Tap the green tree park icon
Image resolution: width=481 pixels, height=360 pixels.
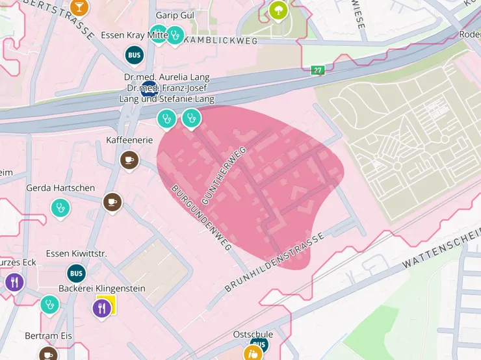point(278,10)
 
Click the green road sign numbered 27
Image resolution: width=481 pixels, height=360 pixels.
point(317,70)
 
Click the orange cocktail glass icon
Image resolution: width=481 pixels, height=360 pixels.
point(79,7)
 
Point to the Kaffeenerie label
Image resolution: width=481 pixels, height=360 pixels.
point(129,140)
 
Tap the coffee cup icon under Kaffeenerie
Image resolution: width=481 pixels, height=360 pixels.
point(129,159)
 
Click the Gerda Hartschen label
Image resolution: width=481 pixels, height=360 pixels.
point(60,188)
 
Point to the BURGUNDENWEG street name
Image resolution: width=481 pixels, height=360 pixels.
point(201,218)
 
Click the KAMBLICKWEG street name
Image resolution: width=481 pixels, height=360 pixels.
point(221,40)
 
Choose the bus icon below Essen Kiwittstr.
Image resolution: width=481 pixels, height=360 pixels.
point(76,273)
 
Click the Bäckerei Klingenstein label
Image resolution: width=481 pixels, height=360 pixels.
point(102,288)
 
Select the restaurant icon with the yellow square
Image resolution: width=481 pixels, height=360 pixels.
point(103,307)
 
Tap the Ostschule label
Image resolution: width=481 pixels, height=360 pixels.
point(253,334)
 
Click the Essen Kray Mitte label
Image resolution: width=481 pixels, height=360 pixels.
point(135,35)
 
